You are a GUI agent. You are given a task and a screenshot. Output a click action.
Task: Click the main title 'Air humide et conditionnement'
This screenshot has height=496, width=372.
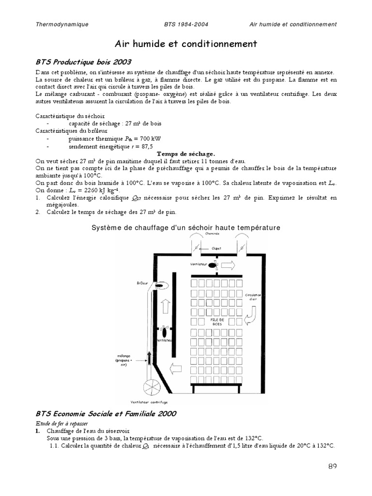pos(186,44)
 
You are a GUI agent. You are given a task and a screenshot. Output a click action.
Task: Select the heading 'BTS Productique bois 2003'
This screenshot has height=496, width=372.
pos(83,62)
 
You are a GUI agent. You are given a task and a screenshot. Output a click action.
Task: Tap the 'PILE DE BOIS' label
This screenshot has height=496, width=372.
pos(216,322)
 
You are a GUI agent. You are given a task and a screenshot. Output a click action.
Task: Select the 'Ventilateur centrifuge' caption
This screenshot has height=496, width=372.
pos(149,402)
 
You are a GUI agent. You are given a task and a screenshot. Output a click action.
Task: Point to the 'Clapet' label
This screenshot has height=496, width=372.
pos(217,248)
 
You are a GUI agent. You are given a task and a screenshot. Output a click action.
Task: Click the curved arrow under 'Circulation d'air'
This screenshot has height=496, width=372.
pos(252,317)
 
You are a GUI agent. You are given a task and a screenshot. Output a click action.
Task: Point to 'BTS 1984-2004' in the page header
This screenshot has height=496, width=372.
pos(186,24)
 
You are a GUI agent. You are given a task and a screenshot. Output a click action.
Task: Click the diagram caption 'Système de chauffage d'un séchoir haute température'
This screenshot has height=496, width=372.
pos(186,227)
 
